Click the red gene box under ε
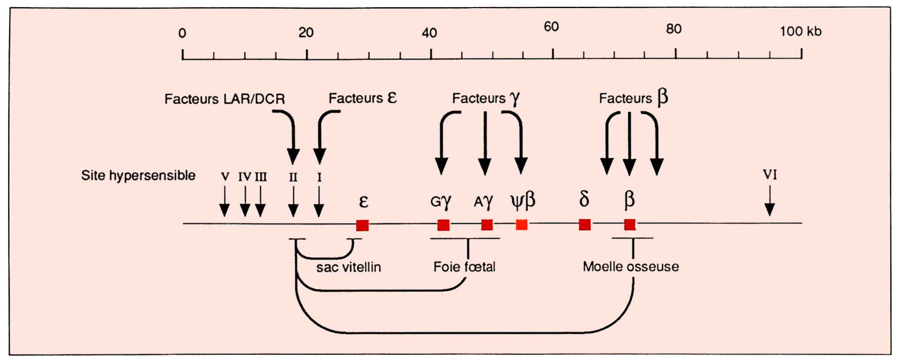[362, 225]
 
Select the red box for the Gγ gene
[443, 225]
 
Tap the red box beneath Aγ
[487, 225]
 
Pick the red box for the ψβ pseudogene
[521, 225]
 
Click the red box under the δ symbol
[585, 225]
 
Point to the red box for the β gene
[630, 225]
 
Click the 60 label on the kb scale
[551, 27]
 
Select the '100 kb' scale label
[801, 31]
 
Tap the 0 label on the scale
[182, 33]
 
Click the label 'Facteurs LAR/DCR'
[225, 99]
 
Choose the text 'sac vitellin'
[349, 267]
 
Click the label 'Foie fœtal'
[464, 267]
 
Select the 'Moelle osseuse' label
[631, 267]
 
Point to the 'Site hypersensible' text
[138, 175]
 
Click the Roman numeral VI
[770, 174]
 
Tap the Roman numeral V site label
[225, 177]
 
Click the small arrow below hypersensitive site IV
[245, 201]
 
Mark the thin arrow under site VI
[770, 201]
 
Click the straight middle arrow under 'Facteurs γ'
[485, 143]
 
